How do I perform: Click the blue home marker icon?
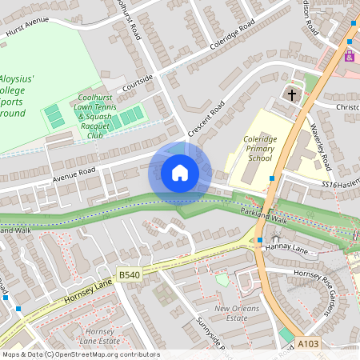point(179,173)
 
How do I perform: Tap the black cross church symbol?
point(292,94)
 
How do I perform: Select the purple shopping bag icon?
point(350,56)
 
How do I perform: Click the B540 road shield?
point(130,275)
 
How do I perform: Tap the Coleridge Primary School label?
point(259,148)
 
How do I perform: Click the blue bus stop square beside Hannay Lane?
point(260,240)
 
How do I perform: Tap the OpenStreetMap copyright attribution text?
point(80,354)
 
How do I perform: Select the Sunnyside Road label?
point(210,335)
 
